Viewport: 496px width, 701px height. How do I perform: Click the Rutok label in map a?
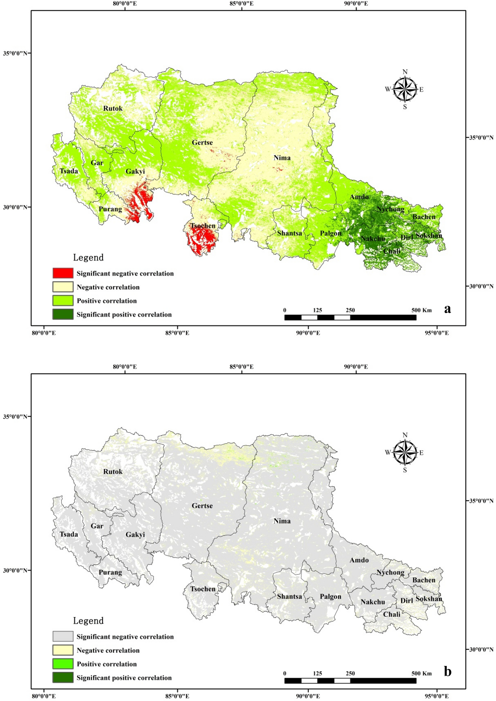point(113,108)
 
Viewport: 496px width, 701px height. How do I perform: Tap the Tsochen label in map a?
point(203,226)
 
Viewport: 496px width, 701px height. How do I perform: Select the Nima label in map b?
point(282,521)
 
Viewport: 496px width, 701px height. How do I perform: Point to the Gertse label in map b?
point(202,506)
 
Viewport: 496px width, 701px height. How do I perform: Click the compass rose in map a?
point(405,89)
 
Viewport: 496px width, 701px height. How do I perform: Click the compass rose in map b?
point(405,452)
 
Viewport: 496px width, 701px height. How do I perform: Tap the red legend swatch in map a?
point(63,273)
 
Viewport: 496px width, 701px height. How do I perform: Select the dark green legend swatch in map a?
point(63,314)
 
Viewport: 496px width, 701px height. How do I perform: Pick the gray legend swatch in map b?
point(63,636)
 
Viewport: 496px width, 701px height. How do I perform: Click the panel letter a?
point(448,308)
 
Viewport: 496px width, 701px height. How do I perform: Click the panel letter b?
point(448,671)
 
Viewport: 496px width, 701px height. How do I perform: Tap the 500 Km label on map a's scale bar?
point(421,310)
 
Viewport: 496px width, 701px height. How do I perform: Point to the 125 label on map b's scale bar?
point(317,673)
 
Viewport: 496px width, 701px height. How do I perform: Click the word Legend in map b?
point(88,621)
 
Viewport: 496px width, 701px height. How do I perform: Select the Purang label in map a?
point(110,209)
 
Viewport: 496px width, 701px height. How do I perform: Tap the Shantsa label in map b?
point(289,596)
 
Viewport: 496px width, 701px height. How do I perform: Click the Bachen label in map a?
point(424,217)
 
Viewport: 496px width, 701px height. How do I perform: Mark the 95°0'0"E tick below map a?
point(436,333)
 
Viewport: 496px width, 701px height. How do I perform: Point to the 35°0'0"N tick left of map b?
point(15,416)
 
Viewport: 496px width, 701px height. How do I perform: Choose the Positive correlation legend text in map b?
point(107,664)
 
